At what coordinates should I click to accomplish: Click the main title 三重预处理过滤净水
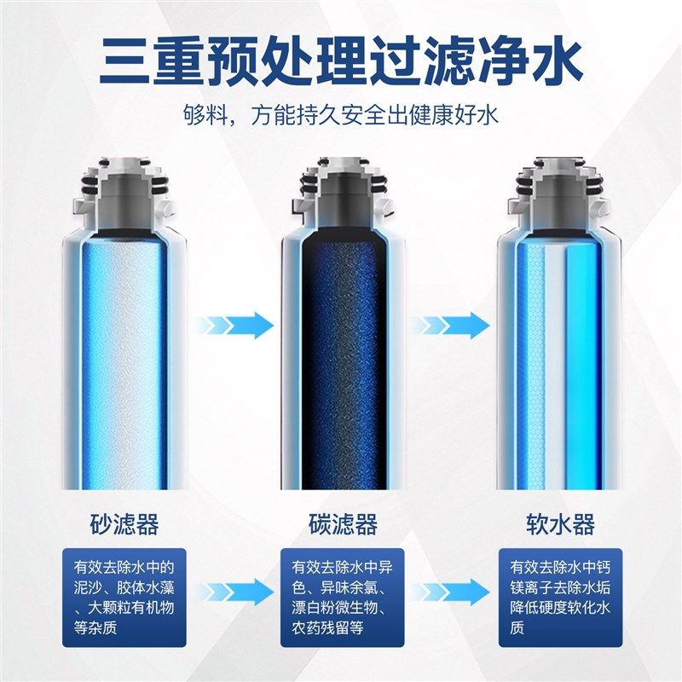coord(341,61)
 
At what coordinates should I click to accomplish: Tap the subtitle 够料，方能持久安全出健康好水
coord(340,115)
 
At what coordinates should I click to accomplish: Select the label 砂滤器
coord(124,523)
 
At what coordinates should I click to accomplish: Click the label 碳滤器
coord(342,523)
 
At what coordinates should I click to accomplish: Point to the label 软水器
coord(560,523)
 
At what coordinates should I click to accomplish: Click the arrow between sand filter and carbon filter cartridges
coord(233,325)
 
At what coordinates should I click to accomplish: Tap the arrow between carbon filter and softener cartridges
coord(450,325)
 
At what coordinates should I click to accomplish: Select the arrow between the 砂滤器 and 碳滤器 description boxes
coord(233,590)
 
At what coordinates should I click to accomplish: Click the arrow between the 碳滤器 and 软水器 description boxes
coord(450,590)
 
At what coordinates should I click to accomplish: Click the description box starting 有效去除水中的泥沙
coord(124,598)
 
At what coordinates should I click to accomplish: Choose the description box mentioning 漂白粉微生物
coord(342,598)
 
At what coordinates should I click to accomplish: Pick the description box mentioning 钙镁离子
coord(560,598)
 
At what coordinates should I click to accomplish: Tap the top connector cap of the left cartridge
coord(124,183)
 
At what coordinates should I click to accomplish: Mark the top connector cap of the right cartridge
coord(560,183)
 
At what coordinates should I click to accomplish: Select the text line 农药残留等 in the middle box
coord(328,628)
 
